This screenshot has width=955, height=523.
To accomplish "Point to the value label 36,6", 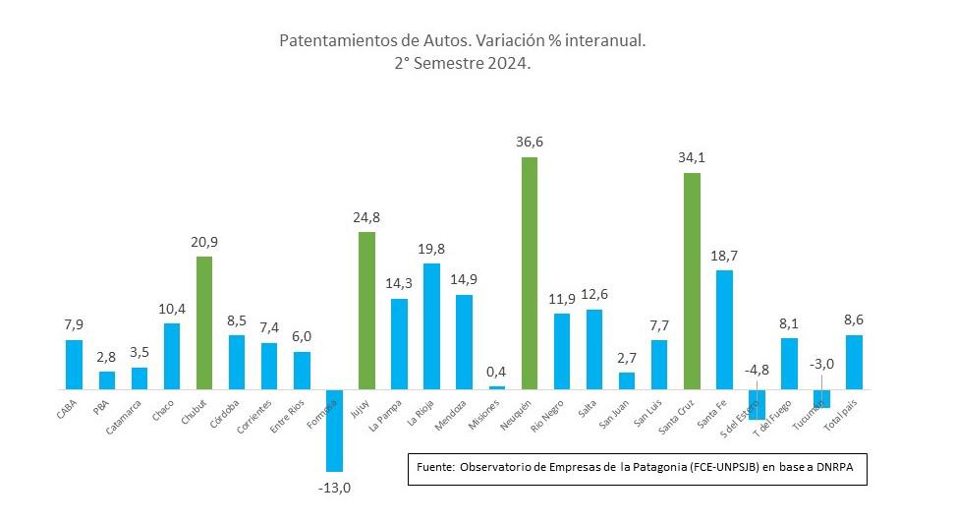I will [x=529, y=142].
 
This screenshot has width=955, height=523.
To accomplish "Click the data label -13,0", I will [x=335, y=487].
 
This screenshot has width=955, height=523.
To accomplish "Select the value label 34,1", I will [x=692, y=157].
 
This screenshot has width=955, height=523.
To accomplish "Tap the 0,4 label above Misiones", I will [x=496, y=371].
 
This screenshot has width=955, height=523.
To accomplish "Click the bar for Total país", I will [x=854, y=362].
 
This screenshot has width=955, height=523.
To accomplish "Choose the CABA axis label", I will [x=68, y=406].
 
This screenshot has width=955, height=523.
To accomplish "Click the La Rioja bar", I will [x=431, y=326].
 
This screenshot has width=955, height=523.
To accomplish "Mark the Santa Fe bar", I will [x=724, y=329].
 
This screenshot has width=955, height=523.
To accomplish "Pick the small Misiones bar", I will [x=497, y=387].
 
